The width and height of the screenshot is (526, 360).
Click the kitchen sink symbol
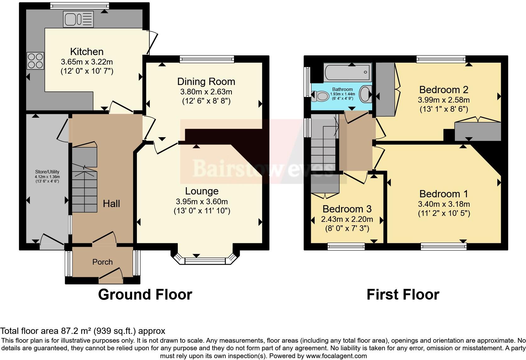coord(78,19)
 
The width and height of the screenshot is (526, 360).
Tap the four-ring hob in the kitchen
coord(35,61)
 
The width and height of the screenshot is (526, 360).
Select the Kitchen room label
coord(87,52)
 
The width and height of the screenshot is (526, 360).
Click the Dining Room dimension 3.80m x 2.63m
coord(206,92)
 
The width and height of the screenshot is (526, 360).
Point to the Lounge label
coord(202,191)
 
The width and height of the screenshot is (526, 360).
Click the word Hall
coord(111,204)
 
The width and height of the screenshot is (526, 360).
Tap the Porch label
coord(102,262)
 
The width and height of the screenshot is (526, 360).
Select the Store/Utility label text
coord(47,172)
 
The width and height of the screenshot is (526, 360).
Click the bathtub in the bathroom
coord(348,72)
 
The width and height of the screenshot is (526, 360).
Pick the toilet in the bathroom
coord(320,96)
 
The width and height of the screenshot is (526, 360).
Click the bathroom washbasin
coord(366,94)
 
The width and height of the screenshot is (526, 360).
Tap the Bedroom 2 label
coord(444,90)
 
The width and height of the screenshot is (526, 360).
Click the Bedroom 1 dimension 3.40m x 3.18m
coord(444,204)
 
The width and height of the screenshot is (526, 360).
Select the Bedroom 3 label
coord(347,209)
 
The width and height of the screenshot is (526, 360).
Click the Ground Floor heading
coord(145,295)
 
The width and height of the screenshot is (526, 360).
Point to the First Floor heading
coord(403,295)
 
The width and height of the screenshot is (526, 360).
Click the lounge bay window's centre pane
coord(205,261)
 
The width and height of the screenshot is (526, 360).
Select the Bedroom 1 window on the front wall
coord(444,247)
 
